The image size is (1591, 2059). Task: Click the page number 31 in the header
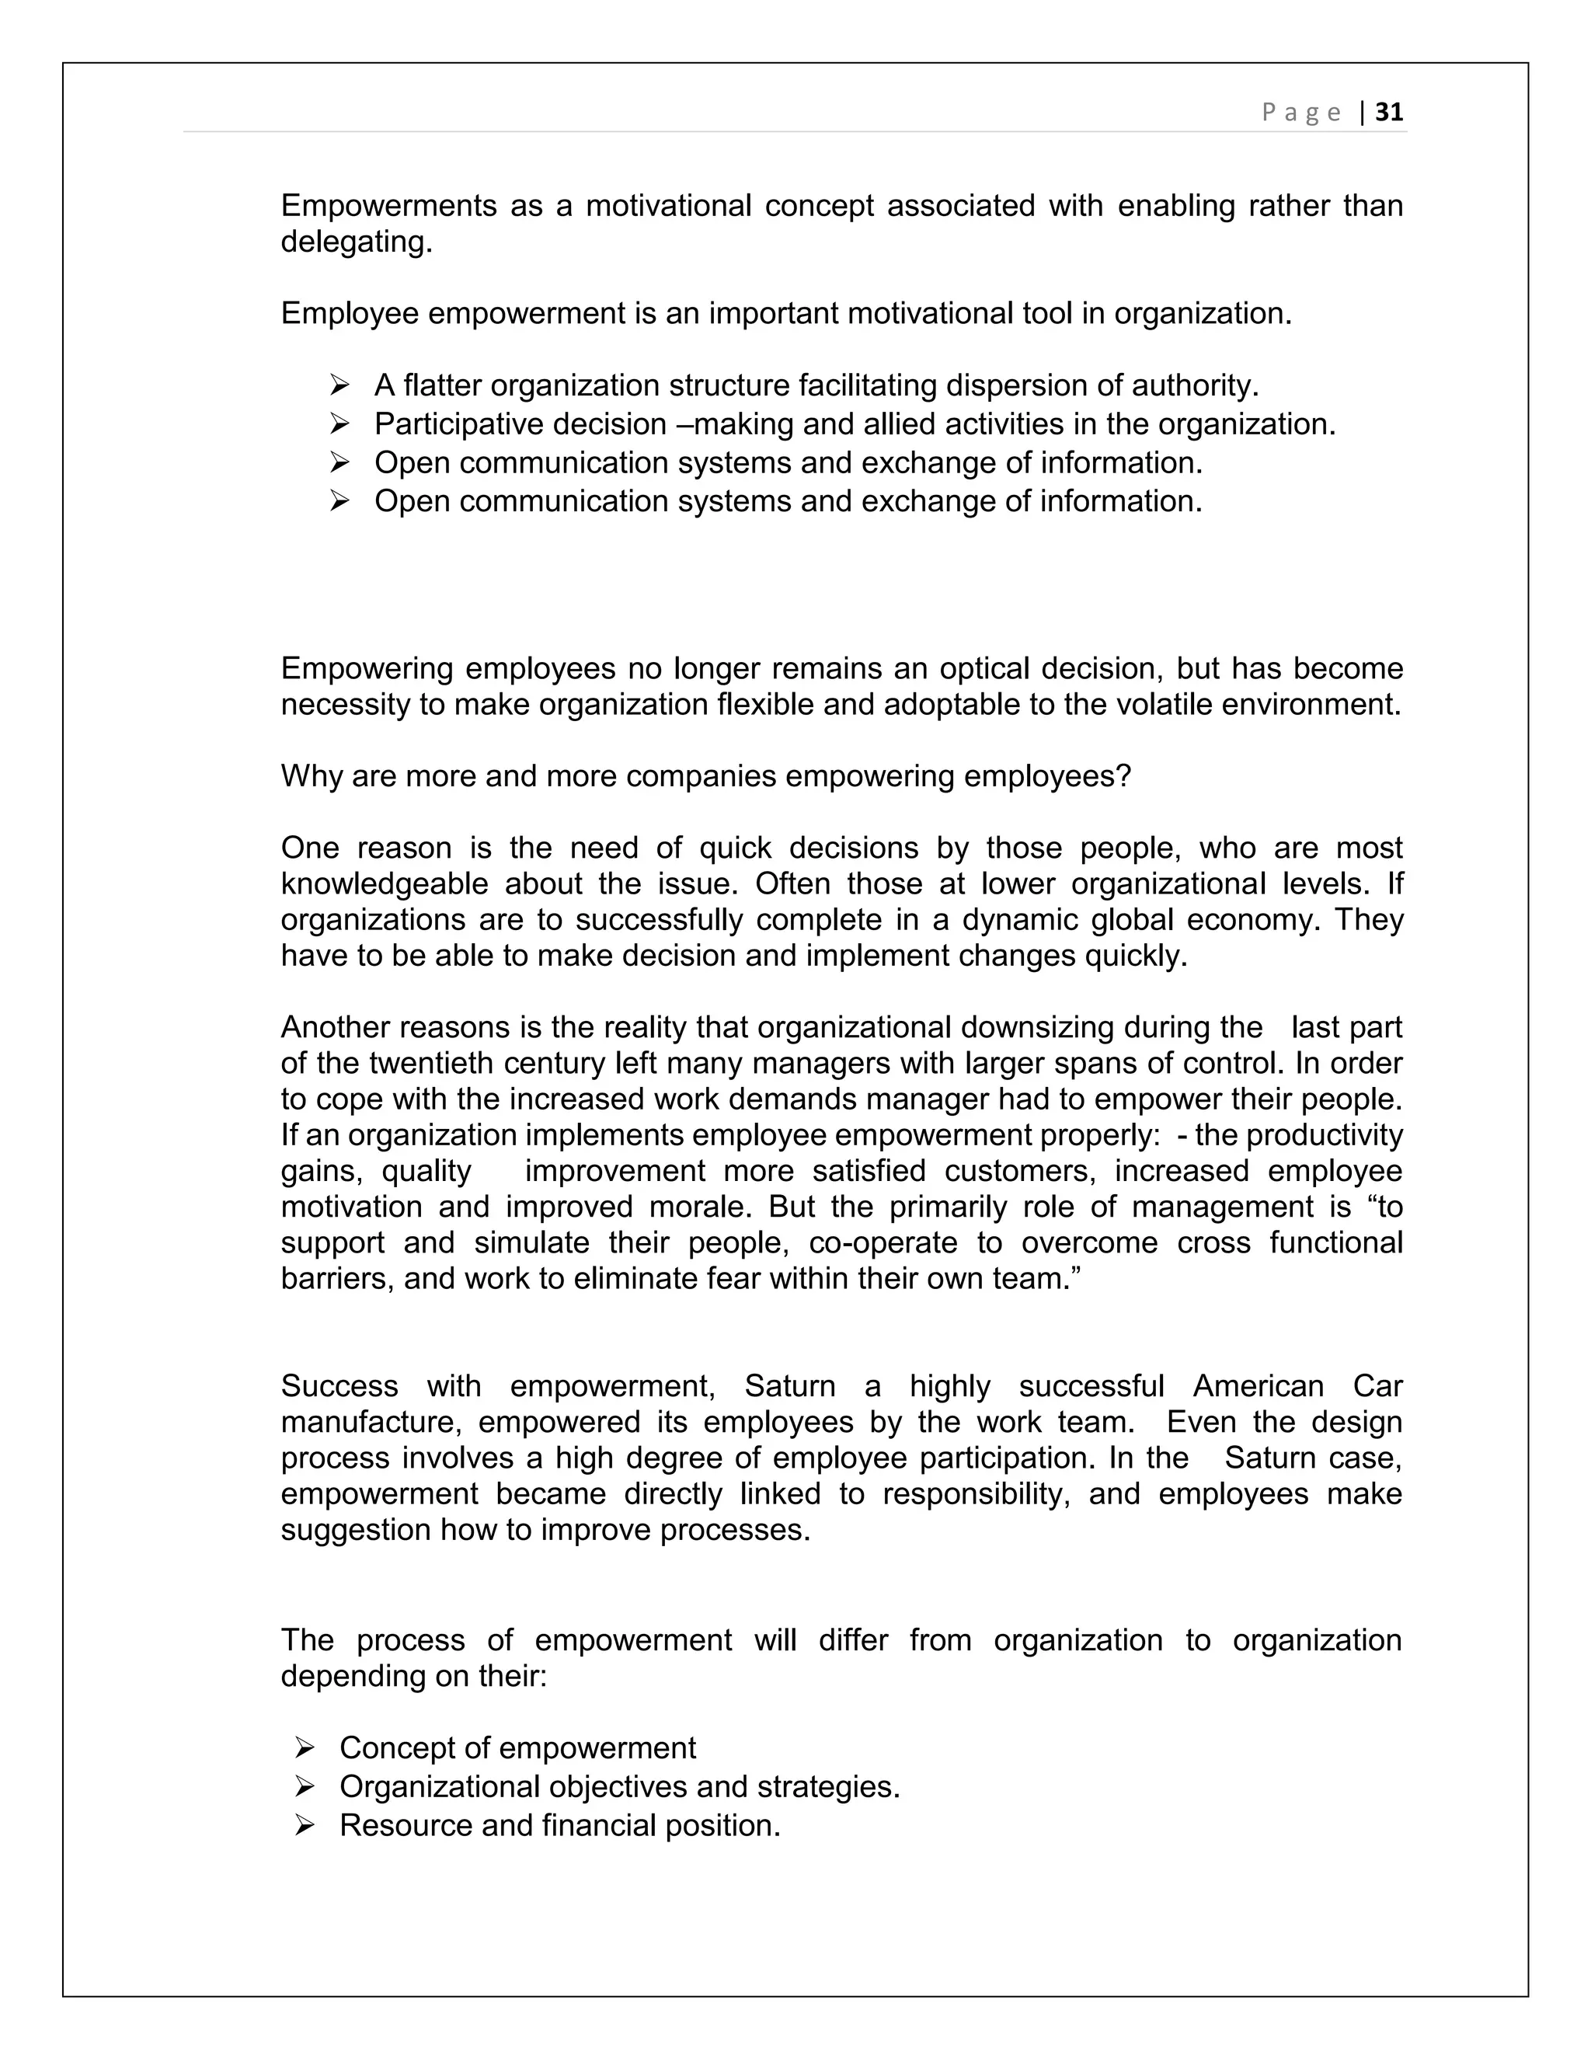[1389, 112]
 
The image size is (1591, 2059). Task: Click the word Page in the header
[1302, 113]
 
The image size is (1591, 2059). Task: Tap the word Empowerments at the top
[388, 206]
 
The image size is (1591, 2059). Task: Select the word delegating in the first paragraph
[357, 242]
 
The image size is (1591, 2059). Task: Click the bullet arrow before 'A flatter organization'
[340, 385]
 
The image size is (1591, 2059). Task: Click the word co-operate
[883, 1242]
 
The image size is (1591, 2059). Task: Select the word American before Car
[1258, 1386]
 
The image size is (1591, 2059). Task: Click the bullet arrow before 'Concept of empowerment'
[305, 1748]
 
